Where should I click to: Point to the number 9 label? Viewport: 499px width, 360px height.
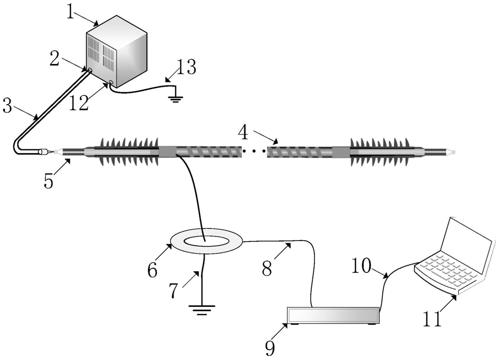pyautogui.click(x=270, y=348)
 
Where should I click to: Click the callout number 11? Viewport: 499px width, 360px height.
pyautogui.click(x=433, y=319)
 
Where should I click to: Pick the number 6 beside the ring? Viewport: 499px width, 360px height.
pyautogui.click(x=152, y=270)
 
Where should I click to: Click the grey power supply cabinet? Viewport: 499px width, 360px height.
pyautogui.click(x=118, y=52)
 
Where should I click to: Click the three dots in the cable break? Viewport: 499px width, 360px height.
pyautogui.click(x=254, y=151)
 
